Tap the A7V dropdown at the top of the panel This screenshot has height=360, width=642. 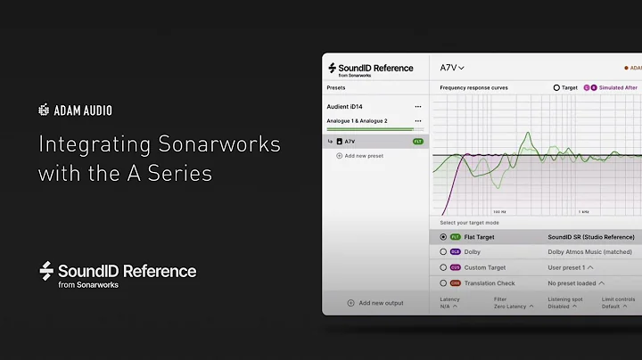pos(452,68)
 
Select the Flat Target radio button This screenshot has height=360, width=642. pos(443,237)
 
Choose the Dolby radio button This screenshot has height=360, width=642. pos(443,252)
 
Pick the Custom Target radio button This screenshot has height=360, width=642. pos(443,267)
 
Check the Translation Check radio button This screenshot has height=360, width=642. pos(443,282)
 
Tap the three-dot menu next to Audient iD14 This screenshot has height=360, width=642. pos(417,107)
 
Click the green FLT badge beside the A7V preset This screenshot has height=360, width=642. pos(417,142)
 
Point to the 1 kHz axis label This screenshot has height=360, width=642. pos(583,212)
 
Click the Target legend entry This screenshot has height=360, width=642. pos(566,88)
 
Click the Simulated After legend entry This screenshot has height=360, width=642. pos(618,88)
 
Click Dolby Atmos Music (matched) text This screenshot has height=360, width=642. pos(589,252)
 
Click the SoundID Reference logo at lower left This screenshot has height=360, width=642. pos(118,273)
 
